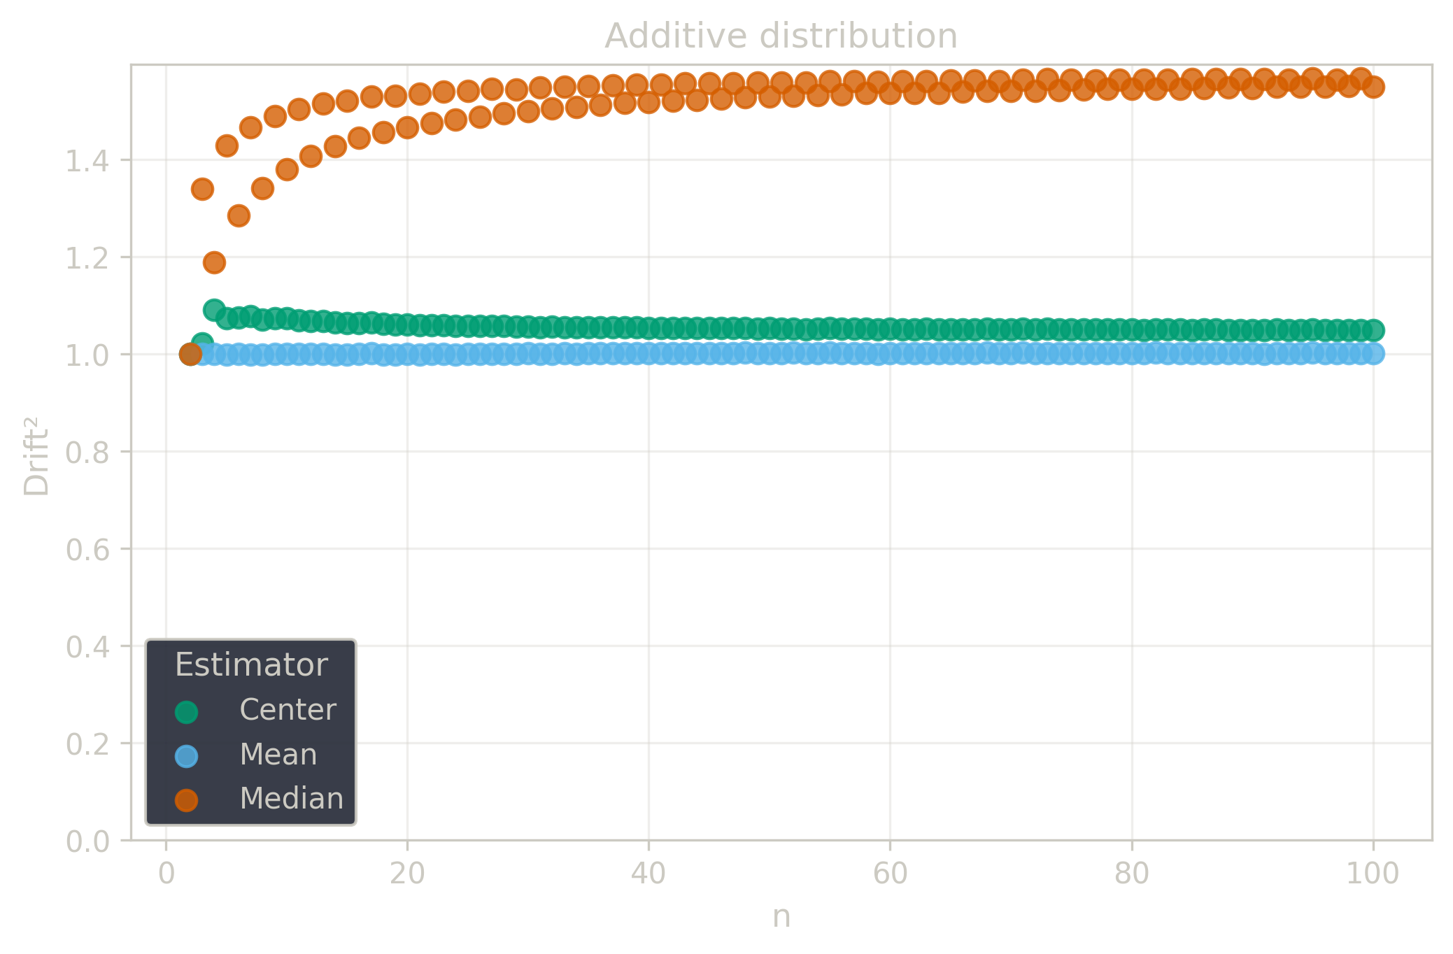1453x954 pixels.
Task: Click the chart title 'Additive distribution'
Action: coord(781,36)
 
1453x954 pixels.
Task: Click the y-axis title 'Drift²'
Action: coord(36,457)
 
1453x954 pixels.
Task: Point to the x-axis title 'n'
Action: coord(781,916)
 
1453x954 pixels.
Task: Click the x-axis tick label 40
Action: coord(648,874)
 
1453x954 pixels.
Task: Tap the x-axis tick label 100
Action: coord(1373,874)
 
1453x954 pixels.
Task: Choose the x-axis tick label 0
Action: coord(166,874)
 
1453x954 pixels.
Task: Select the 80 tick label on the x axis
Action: coord(1131,874)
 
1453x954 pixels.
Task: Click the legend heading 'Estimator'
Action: coord(251,664)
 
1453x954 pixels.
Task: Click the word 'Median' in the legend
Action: coord(291,799)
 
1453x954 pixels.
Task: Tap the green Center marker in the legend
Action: coord(187,712)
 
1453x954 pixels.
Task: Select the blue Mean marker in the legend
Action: coord(187,756)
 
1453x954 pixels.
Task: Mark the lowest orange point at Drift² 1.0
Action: coord(190,355)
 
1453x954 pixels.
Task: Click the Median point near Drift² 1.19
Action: coord(214,263)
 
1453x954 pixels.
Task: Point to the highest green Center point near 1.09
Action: coord(214,310)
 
